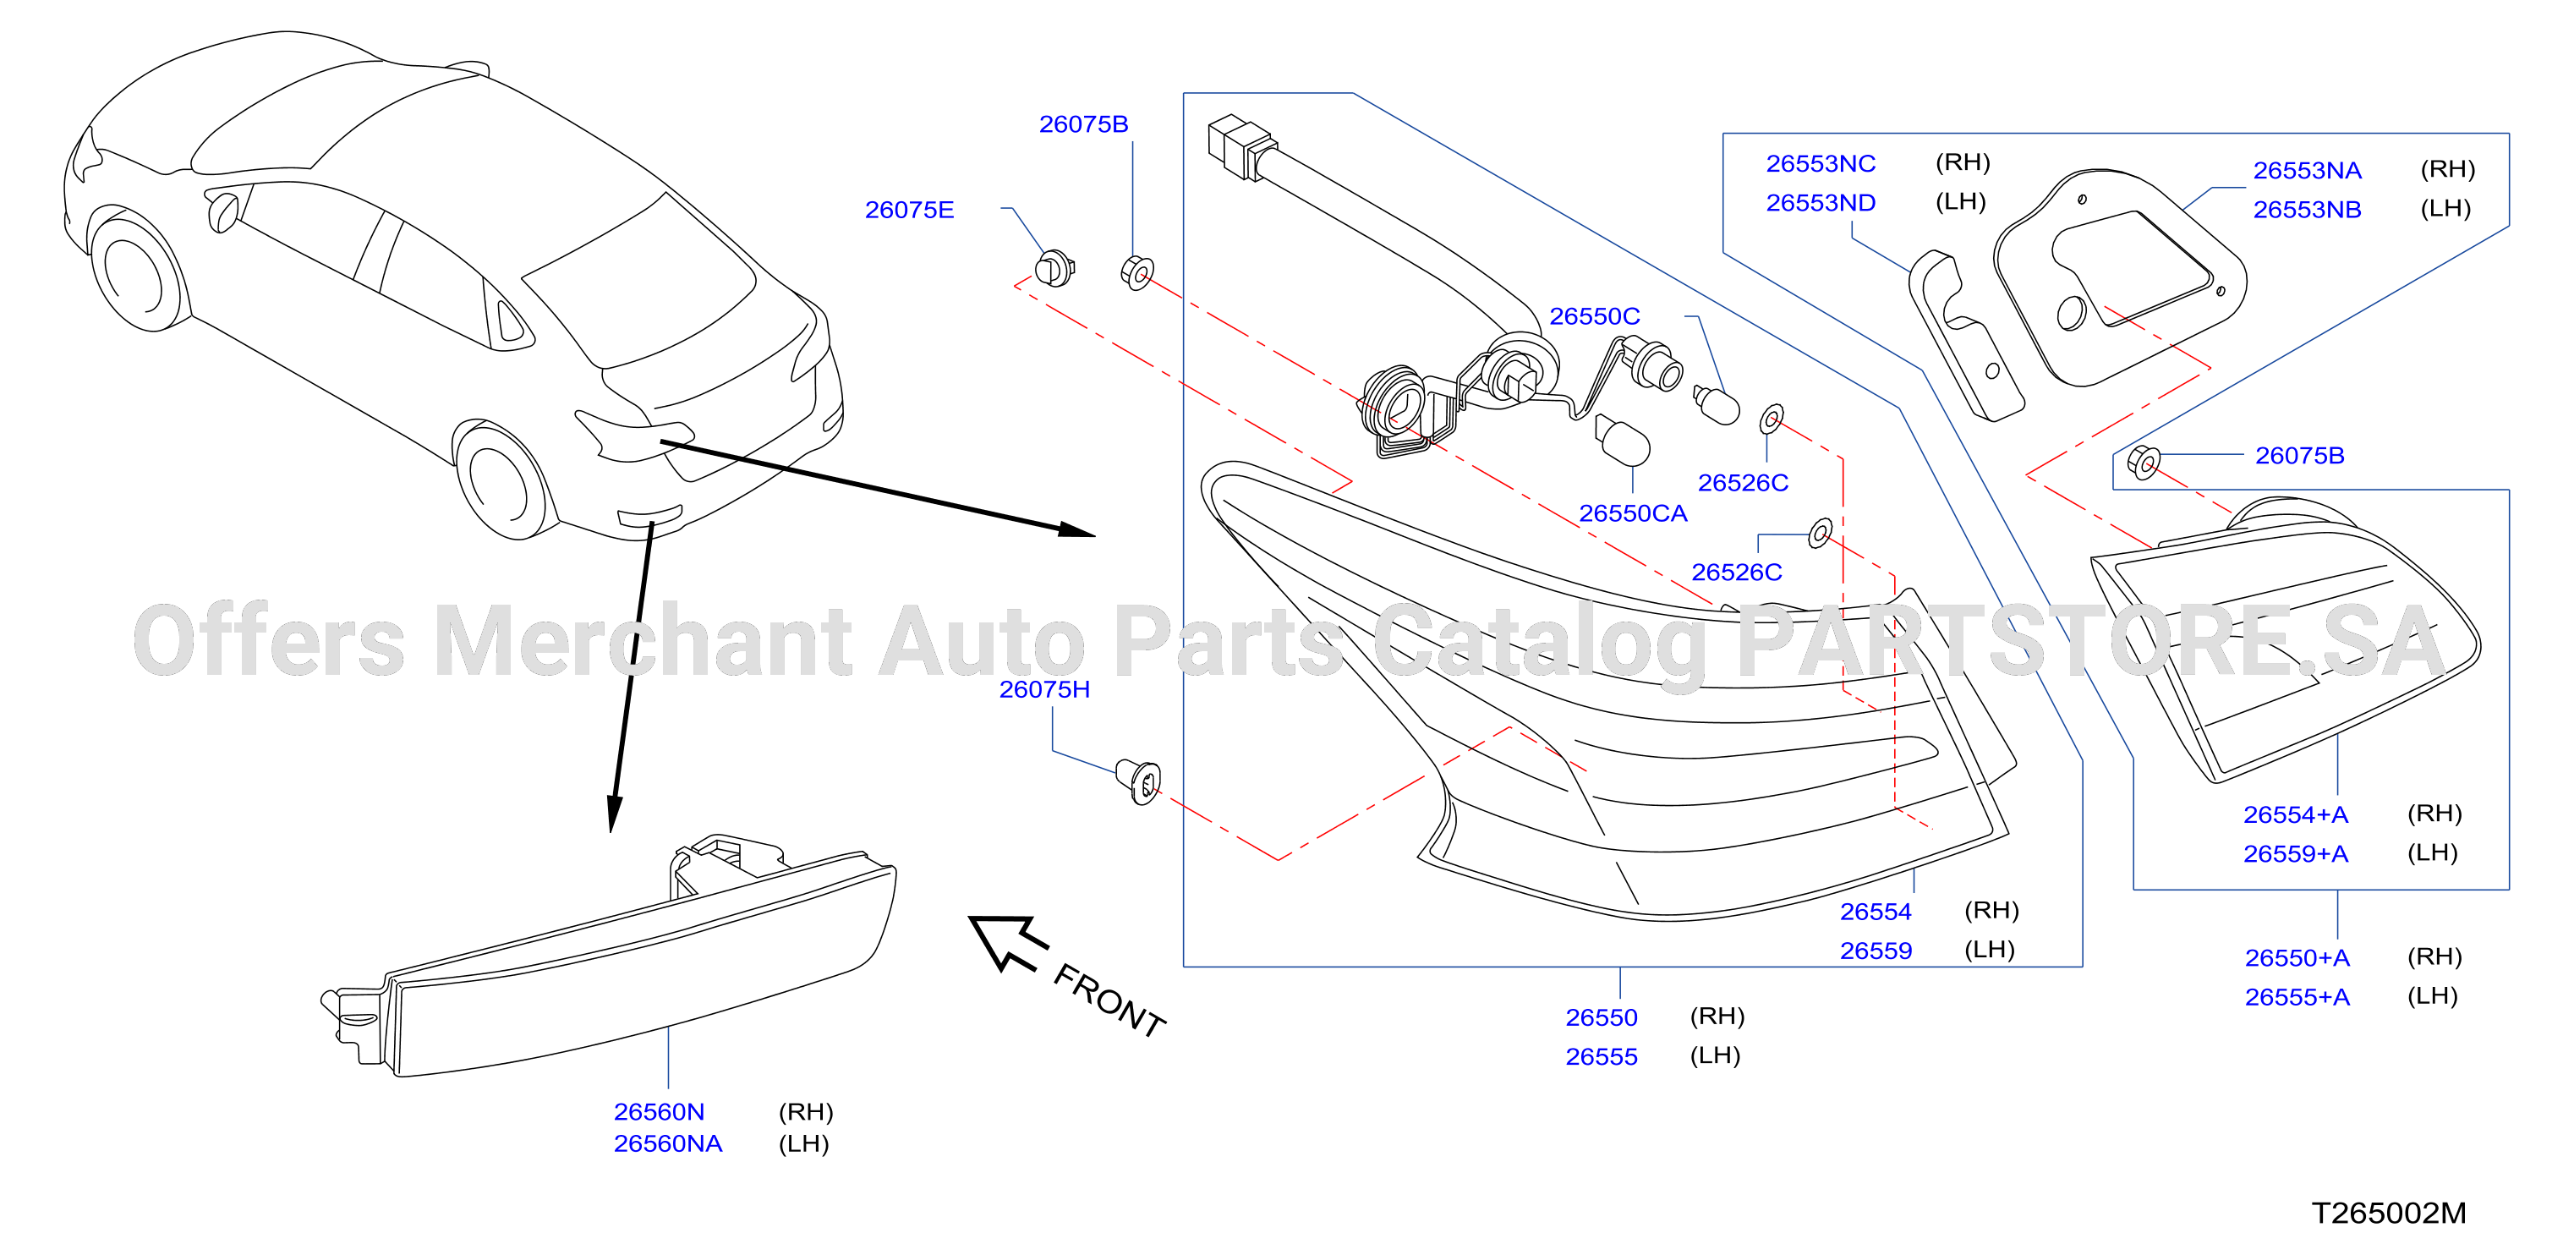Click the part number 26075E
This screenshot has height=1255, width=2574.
(909, 210)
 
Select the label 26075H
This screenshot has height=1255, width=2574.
(1044, 689)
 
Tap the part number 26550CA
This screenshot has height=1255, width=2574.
(1633, 513)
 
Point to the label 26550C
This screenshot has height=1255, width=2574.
(1595, 317)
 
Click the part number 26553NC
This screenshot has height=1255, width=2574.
(1821, 164)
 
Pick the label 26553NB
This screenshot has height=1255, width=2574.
(2307, 210)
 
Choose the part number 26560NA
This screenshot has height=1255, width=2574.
(667, 1143)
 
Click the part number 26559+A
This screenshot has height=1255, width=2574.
(2295, 854)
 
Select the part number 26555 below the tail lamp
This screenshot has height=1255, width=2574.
(1602, 1057)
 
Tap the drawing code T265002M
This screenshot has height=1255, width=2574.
(2389, 1213)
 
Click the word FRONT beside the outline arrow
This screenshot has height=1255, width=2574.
(1109, 1001)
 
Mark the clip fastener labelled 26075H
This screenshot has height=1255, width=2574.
(1139, 781)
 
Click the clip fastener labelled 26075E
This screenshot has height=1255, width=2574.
(1054, 268)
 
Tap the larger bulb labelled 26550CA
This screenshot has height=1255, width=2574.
(1621, 441)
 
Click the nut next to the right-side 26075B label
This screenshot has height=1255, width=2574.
(2144, 462)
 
